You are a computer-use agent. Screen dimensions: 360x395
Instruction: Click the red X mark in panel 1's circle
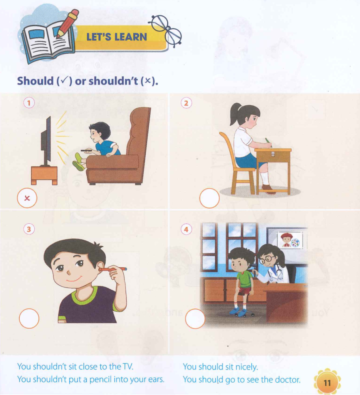pyautogui.click(x=27, y=198)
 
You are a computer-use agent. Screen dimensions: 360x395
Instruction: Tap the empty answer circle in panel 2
pyautogui.click(x=209, y=198)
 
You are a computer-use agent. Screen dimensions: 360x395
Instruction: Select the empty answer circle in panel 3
pyautogui.click(x=29, y=318)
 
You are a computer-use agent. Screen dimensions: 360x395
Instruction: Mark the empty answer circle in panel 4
pyautogui.click(x=195, y=319)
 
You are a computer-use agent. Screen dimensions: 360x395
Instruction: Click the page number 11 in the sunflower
pyautogui.click(x=327, y=383)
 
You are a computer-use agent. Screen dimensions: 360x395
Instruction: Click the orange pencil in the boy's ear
pyautogui.click(x=113, y=269)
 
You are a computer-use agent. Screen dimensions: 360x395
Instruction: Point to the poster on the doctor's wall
pyautogui.click(x=290, y=240)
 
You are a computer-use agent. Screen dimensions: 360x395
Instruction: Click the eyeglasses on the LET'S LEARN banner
pyautogui.click(x=167, y=31)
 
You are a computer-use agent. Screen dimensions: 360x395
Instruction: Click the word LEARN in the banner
pyautogui.click(x=131, y=37)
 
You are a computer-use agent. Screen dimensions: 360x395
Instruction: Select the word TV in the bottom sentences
pyautogui.click(x=128, y=366)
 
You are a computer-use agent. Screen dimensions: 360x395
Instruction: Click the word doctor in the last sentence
pyautogui.click(x=288, y=379)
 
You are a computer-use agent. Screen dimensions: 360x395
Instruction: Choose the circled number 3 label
pyautogui.click(x=29, y=229)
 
